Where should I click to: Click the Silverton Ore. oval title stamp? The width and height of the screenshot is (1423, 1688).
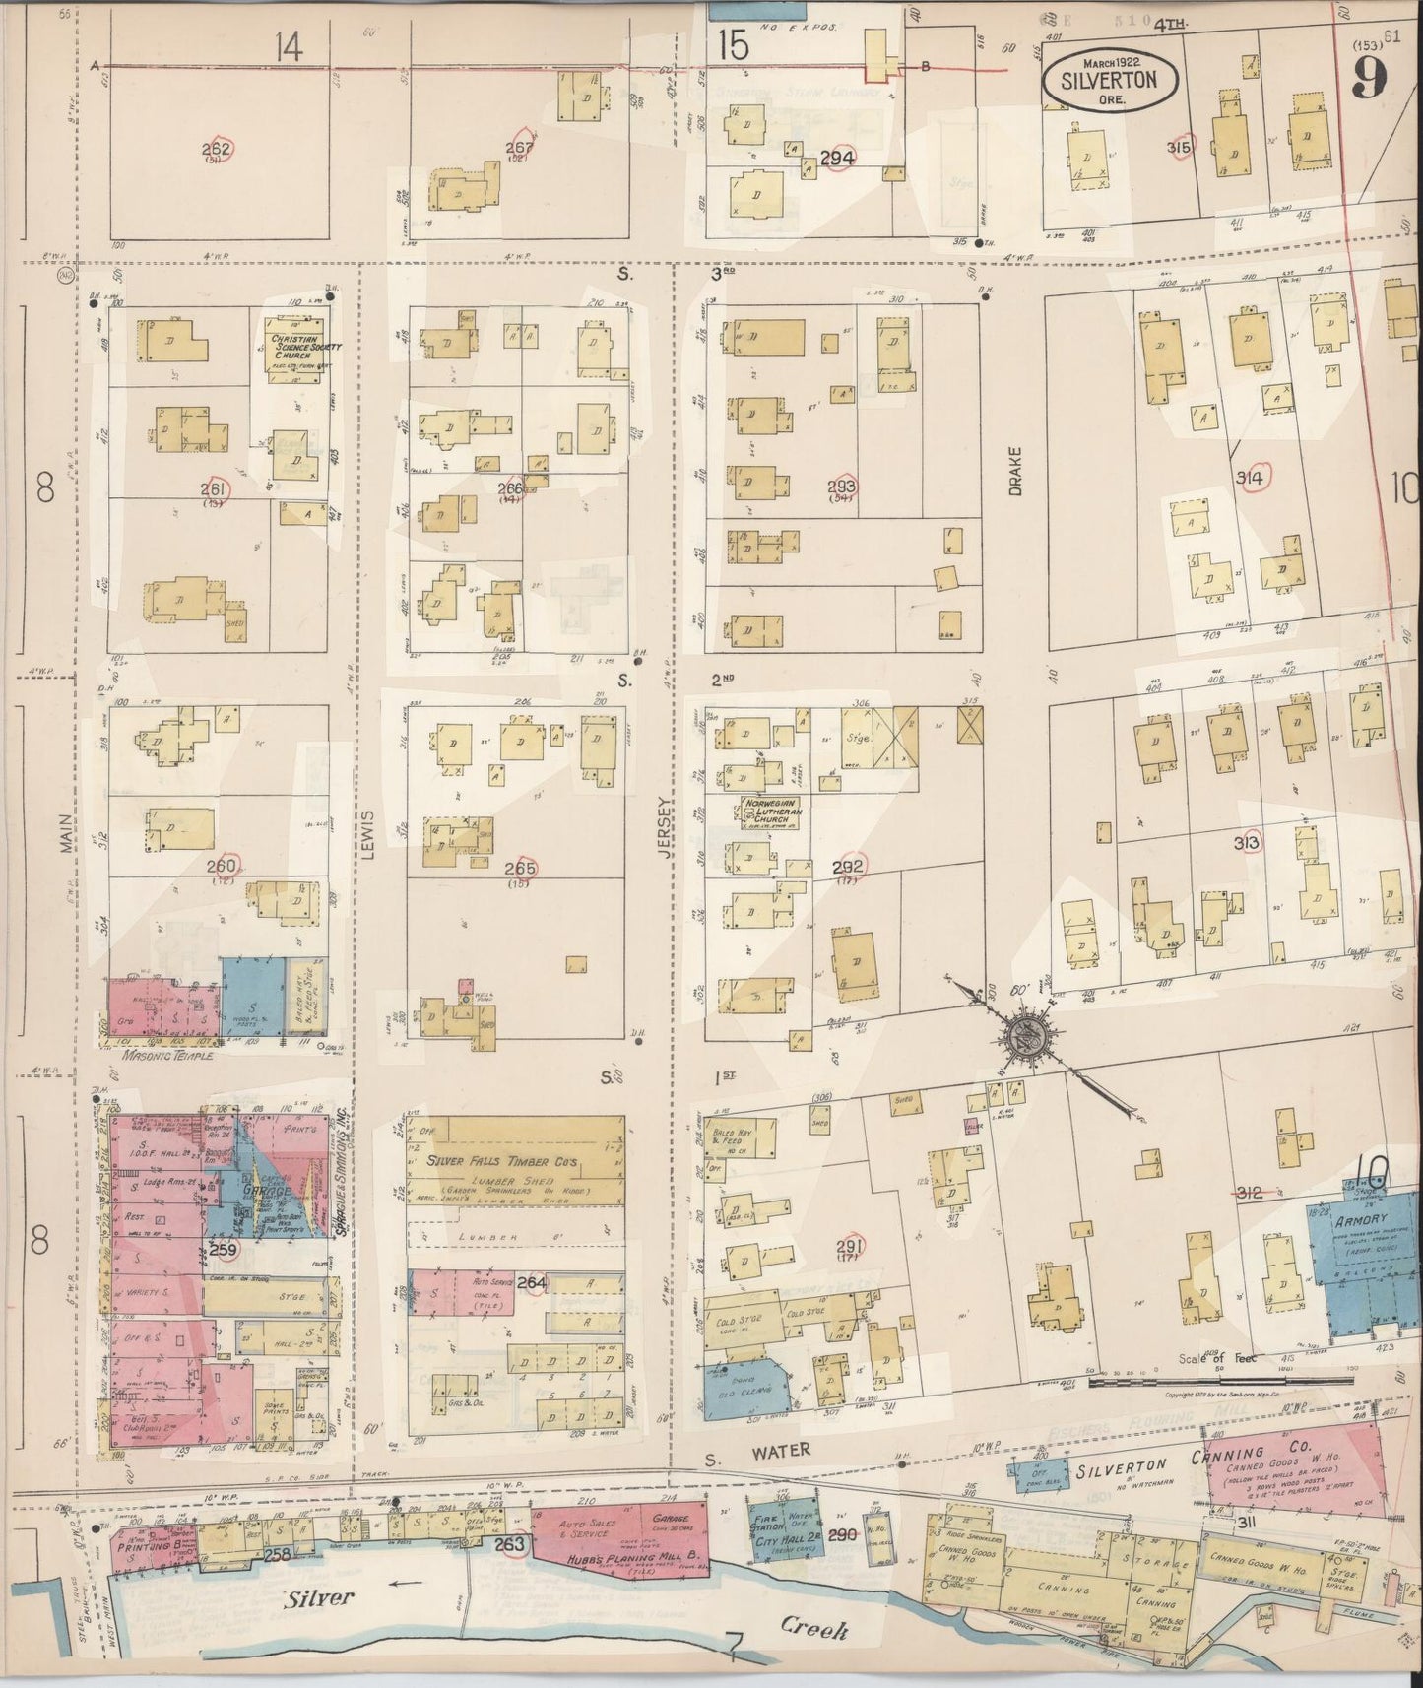point(1108,77)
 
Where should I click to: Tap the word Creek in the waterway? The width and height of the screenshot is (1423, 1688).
point(812,1629)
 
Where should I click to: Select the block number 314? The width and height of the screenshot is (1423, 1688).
point(1251,479)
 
